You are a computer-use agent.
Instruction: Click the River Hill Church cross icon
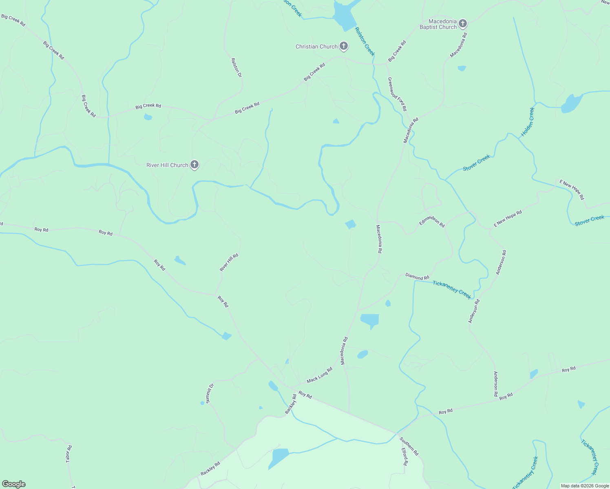(194, 165)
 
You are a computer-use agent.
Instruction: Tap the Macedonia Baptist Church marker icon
(462, 23)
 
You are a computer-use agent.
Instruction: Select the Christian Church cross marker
(344, 46)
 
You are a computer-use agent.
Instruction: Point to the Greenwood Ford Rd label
(397, 94)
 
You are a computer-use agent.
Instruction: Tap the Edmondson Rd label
(432, 221)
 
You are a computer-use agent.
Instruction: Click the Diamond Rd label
(417, 277)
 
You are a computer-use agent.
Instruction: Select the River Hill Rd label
(229, 262)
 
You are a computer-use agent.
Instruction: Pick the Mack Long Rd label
(319, 375)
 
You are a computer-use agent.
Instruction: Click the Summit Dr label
(210, 393)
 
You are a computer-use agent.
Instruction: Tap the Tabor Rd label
(69, 454)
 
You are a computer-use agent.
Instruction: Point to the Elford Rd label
(404, 457)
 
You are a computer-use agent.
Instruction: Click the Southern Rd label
(409, 446)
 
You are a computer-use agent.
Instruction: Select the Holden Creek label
(527, 122)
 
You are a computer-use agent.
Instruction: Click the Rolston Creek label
(365, 42)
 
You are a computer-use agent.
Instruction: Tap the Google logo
(13, 484)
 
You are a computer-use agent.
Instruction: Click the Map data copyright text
(584, 486)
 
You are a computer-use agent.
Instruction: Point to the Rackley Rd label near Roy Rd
(291, 404)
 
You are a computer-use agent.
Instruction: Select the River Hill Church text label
(167, 165)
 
